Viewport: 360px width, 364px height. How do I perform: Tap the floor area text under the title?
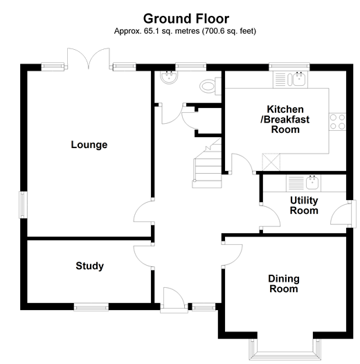pyautogui.click(x=185, y=31)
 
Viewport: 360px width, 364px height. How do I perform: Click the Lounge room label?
pyautogui.click(x=89, y=145)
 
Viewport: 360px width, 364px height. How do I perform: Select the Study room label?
pyautogui.click(x=89, y=266)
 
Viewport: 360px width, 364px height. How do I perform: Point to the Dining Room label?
pyautogui.click(x=284, y=284)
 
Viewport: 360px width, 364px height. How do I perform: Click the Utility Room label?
pyautogui.click(x=304, y=206)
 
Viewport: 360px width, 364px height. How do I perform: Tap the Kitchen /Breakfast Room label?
pyautogui.click(x=289, y=119)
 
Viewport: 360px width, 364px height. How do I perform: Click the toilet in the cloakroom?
pyautogui.click(x=207, y=85)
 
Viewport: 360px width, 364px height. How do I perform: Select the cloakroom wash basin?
pyautogui.click(x=166, y=78)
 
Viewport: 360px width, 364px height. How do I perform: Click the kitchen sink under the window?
pyautogui.click(x=299, y=79)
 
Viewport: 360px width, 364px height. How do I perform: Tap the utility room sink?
pyautogui.click(x=311, y=183)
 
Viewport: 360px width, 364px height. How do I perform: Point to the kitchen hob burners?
pyautogui.click(x=338, y=122)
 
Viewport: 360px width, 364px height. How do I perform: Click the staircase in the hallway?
pyautogui.click(x=205, y=164)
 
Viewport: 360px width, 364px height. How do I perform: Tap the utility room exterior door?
pyautogui.click(x=340, y=215)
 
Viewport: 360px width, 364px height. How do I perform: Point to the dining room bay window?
pyautogui.click(x=284, y=349)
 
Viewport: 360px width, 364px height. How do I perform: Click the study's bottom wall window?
pyautogui.click(x=90, y=306)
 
